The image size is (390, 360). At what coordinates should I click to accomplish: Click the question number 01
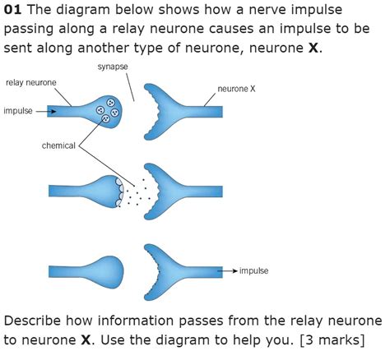coord(14,12)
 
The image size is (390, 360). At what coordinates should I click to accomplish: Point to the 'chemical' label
coord(58,145)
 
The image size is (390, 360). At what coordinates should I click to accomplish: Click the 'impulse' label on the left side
coord(18,111)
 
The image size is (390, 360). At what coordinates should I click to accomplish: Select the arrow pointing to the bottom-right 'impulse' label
coord(228,270)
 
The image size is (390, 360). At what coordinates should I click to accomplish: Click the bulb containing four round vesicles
coord(104,111)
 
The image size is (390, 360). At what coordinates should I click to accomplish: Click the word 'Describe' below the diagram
coord(35,320)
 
